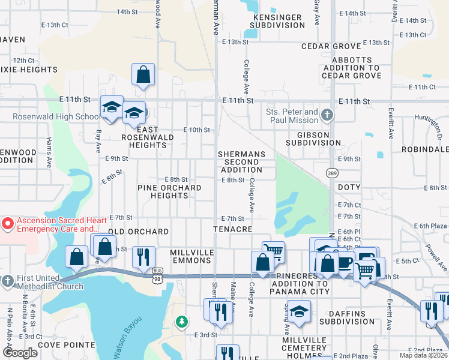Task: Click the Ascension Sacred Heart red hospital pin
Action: click(x=7, y=224)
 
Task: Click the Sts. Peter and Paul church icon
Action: click(x=327, y=114)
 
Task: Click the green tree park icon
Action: click(x=181, y=322)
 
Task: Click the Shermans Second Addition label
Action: click(x=241, y=162)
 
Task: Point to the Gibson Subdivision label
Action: click(x=308, y=139)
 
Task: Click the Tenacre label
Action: click(x=233, y=229)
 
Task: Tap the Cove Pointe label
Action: click(x=67, y=345)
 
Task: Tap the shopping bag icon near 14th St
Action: click(x=143, y=75)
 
